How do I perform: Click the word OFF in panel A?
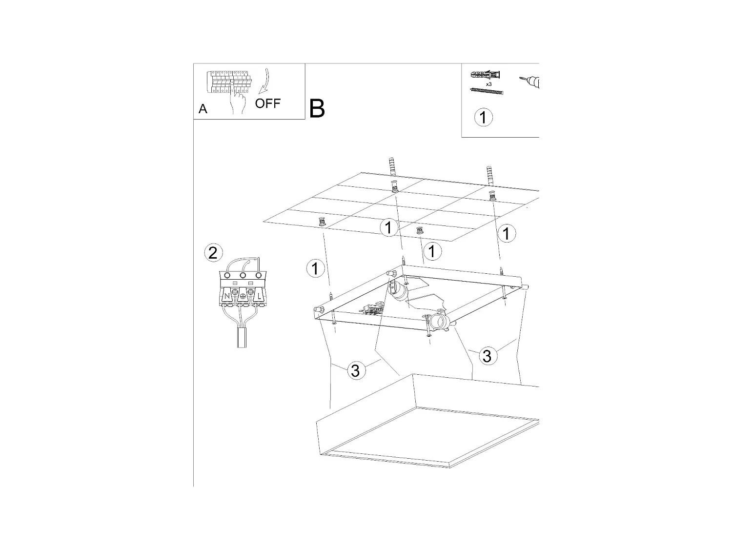pos(267,103)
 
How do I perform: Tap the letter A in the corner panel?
pos(203,109)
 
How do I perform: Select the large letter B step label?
pos(317,109)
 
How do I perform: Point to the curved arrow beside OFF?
pos(265,81)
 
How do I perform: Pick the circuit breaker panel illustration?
pos(228,81)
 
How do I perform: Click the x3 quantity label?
pos(488,84)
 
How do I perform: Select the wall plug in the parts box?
pos(485,75)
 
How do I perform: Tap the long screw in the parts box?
pos(486,91)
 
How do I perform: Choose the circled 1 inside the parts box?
pos(483,117)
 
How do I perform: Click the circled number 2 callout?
pos(213,253)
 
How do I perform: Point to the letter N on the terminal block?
pos(227,296)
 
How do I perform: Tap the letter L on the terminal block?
pos(259,296)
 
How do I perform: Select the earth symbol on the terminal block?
pos(243,296)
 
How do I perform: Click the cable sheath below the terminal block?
pos(242,337)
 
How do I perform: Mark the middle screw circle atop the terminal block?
pos(243,275)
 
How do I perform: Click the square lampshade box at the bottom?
pos(427,421)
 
